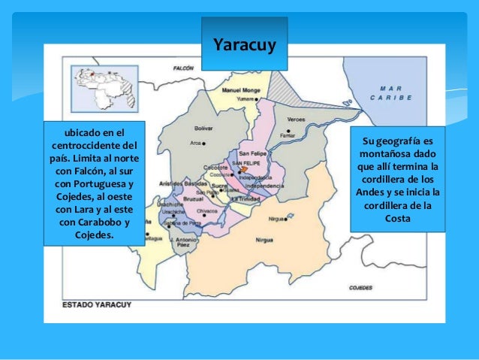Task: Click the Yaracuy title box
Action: tap(245, 45)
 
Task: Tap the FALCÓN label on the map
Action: tap(182, 68)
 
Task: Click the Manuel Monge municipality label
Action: tap(241, 89)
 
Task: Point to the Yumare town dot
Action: tap(257, 98)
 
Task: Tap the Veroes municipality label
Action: tap(296, 120)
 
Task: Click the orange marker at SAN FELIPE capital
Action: tap(243, 170)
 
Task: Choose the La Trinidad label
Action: tap(245, 198)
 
